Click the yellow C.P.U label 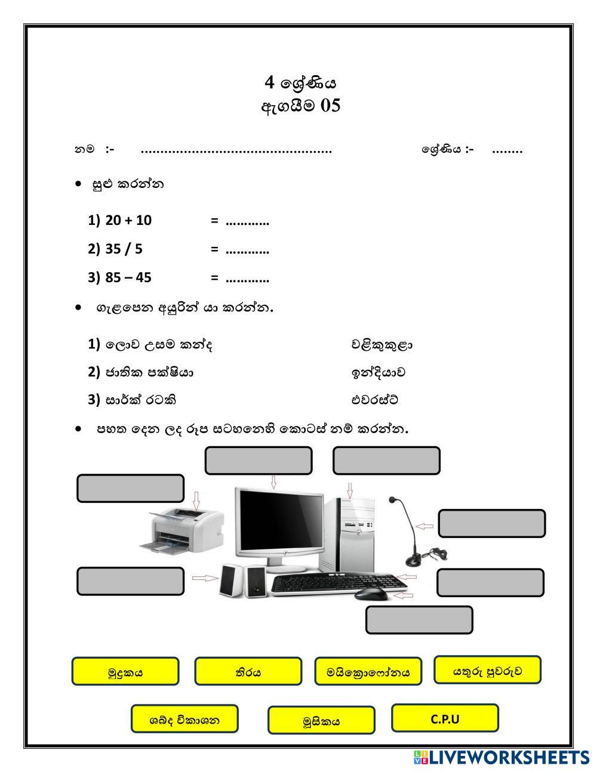pos(445,718)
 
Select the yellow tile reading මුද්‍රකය pos(125,672)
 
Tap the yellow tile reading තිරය pos(248,672)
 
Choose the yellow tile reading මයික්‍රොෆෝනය pos(368,672)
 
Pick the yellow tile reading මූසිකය pos(321,721)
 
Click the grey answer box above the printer pos(130,489)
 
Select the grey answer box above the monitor pos(259,461)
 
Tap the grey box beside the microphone pos(492,523)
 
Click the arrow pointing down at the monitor pos(273,482)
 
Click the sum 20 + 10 pos(128,220)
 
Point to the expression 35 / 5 pos(124,249)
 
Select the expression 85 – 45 pos(128,277)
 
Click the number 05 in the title pos(330,106)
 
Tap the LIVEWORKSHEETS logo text pos(508,758)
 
